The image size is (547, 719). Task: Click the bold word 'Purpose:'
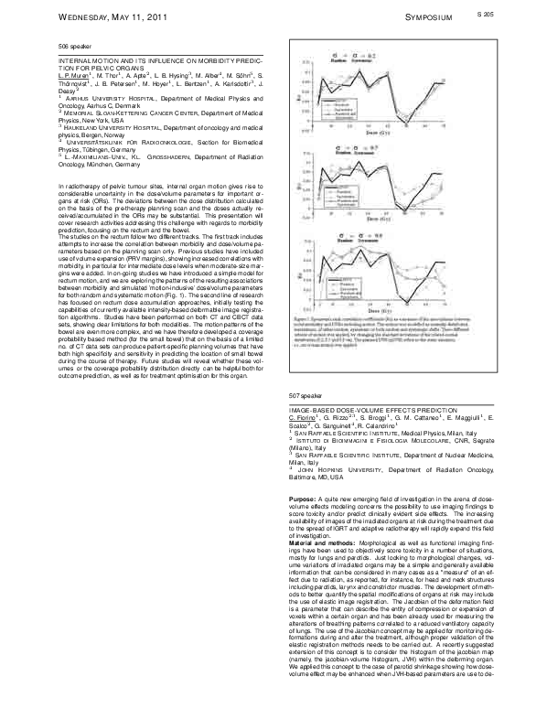(x=303, y=497)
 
